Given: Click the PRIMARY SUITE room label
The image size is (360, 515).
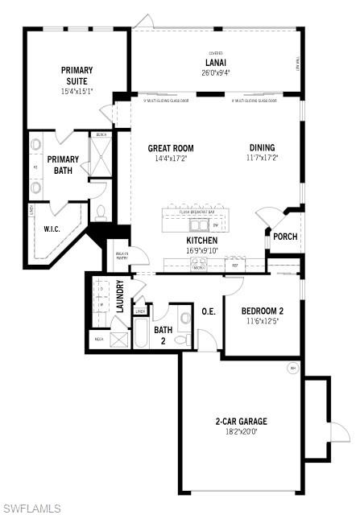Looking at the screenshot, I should [x=77, y=70].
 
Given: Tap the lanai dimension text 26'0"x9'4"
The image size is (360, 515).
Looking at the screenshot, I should [x=215, y=72].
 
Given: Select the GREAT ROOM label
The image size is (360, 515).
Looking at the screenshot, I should [x=171, y=148].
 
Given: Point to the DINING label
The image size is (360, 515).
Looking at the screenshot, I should [x=263, y=148].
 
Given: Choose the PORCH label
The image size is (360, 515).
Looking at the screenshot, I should [x=285, y=237].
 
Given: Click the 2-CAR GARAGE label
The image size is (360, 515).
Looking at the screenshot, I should [x=241, y=421].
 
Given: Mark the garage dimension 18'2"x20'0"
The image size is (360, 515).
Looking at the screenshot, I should [x=241, y=432].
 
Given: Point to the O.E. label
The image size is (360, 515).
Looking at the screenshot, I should [x=208, y=311].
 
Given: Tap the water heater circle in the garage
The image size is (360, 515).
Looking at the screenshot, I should [x=292, y=369].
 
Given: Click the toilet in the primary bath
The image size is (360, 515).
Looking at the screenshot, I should [x=101, y=212].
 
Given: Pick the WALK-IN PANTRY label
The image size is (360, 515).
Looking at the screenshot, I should [x=122, y=257].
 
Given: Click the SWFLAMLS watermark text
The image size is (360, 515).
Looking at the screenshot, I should [x=31, y=508].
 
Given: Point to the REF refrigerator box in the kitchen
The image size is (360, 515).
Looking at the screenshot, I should [x=235, y=264].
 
